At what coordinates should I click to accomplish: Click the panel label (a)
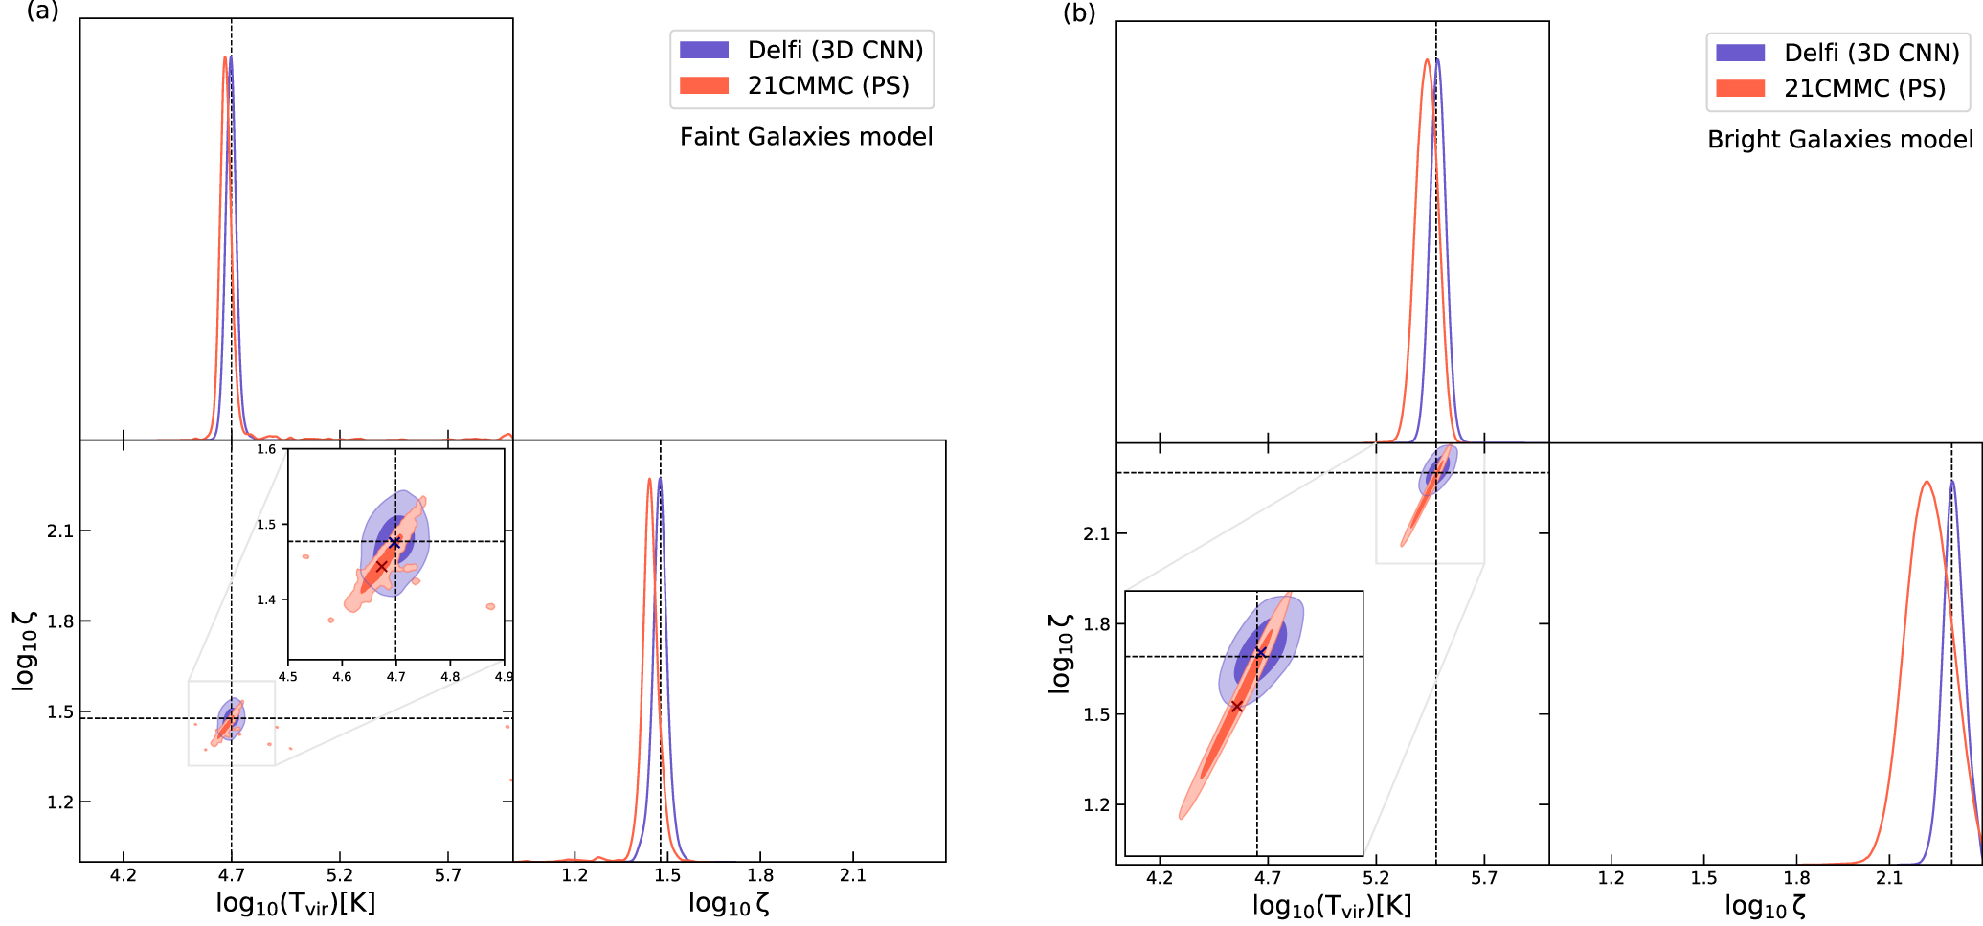42,11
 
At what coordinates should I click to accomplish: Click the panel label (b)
1079,13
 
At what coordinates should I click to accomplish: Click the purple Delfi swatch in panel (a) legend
704,50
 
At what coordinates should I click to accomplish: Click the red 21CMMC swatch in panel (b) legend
1740,88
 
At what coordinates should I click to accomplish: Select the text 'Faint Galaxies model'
806,137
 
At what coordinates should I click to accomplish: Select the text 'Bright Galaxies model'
1840,140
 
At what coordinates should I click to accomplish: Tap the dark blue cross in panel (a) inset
394,543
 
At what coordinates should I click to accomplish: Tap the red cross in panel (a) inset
381,567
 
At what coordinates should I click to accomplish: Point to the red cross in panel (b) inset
1237,706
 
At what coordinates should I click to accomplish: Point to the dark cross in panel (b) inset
1261,653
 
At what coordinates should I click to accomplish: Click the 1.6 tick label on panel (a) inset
266,449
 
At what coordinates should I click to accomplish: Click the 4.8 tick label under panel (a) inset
450,676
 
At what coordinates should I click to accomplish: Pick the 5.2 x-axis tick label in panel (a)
339,875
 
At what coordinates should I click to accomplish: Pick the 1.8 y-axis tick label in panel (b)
1096,624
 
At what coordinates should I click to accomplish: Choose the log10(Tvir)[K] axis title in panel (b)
1331,906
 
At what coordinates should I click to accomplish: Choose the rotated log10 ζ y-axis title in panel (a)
25,651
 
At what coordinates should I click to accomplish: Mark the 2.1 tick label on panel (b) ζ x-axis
1888,878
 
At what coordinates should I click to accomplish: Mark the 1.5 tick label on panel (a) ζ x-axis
667,875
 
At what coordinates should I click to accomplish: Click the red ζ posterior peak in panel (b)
1926,482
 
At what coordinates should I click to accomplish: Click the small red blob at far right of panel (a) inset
490,606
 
